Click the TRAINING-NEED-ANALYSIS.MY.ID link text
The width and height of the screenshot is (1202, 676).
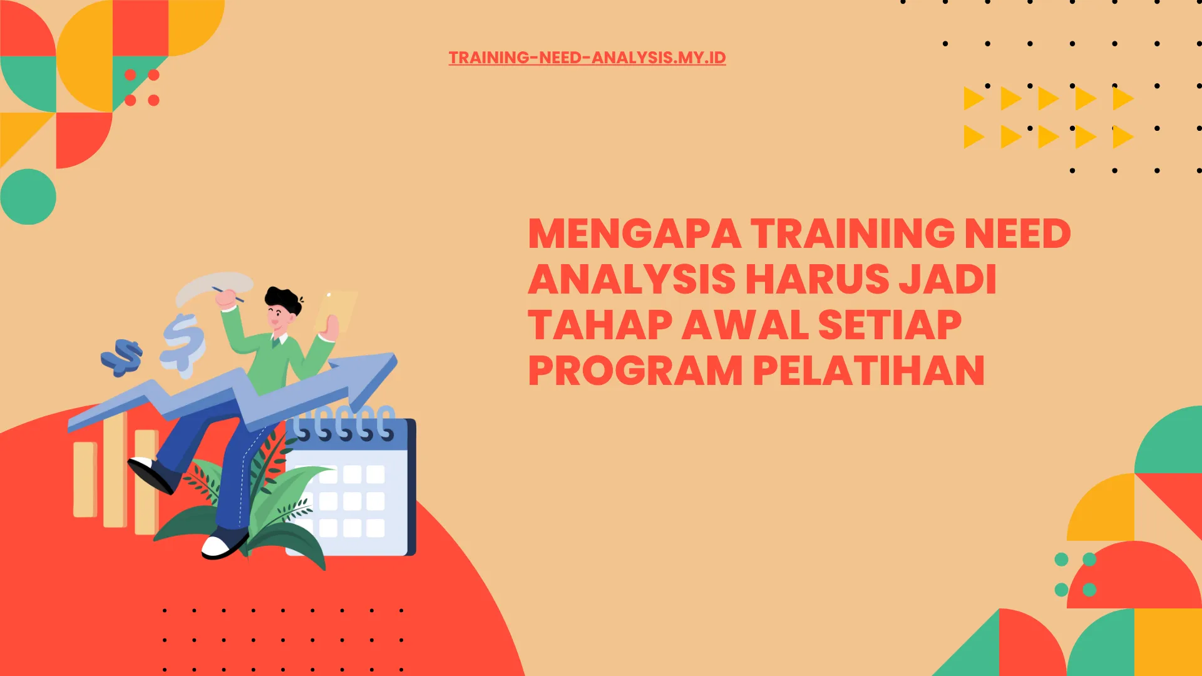(587, 58)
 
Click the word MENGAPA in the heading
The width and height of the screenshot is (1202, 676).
(634, 234)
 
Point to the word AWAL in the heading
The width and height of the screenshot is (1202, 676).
(744, 325)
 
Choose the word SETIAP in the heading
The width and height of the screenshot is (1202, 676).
(889, 325)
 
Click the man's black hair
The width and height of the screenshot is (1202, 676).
(283, 299)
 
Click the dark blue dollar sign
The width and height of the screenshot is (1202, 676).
(123, 357)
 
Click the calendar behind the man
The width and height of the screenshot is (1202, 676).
(363, 494)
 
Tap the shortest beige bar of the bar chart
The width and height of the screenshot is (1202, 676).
(85, 479)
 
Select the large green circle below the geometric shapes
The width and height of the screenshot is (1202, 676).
(28, 197)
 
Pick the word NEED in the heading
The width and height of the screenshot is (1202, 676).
(1017, 234)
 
